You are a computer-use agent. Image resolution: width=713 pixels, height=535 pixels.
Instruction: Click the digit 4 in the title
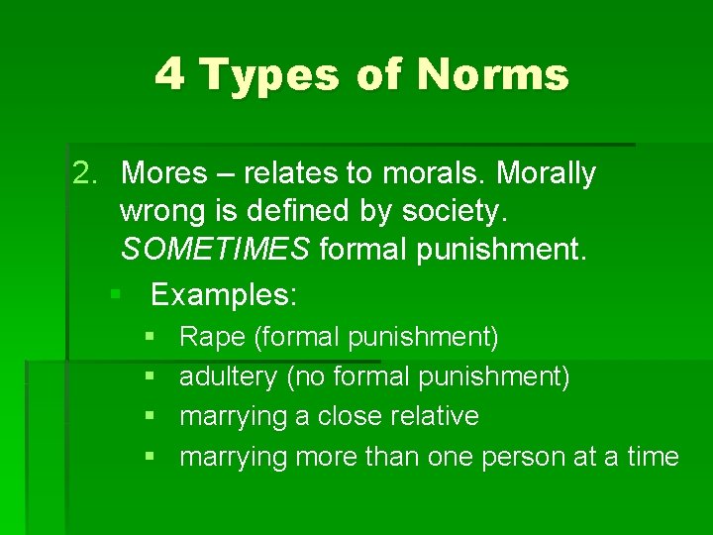click(169, 75)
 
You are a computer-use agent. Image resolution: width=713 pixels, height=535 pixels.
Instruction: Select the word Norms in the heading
click(493, 75)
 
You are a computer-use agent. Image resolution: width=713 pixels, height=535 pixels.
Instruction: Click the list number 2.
click(86, 173)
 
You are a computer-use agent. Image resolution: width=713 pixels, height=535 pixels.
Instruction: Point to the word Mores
click(164, 173)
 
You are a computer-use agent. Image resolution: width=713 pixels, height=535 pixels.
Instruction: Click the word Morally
click(546, 173)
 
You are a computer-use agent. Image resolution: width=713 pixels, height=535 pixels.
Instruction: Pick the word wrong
click(159, 210)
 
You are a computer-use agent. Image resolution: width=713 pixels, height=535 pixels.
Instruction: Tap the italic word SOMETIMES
click(215, 249)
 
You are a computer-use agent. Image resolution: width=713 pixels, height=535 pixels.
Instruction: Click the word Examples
click(224, 294)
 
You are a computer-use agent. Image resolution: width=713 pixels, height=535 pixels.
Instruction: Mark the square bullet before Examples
click(116, 295)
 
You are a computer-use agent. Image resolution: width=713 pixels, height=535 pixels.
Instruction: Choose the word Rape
click(212, 337)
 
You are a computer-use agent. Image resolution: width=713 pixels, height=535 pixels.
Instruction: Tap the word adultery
click(229, 376)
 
